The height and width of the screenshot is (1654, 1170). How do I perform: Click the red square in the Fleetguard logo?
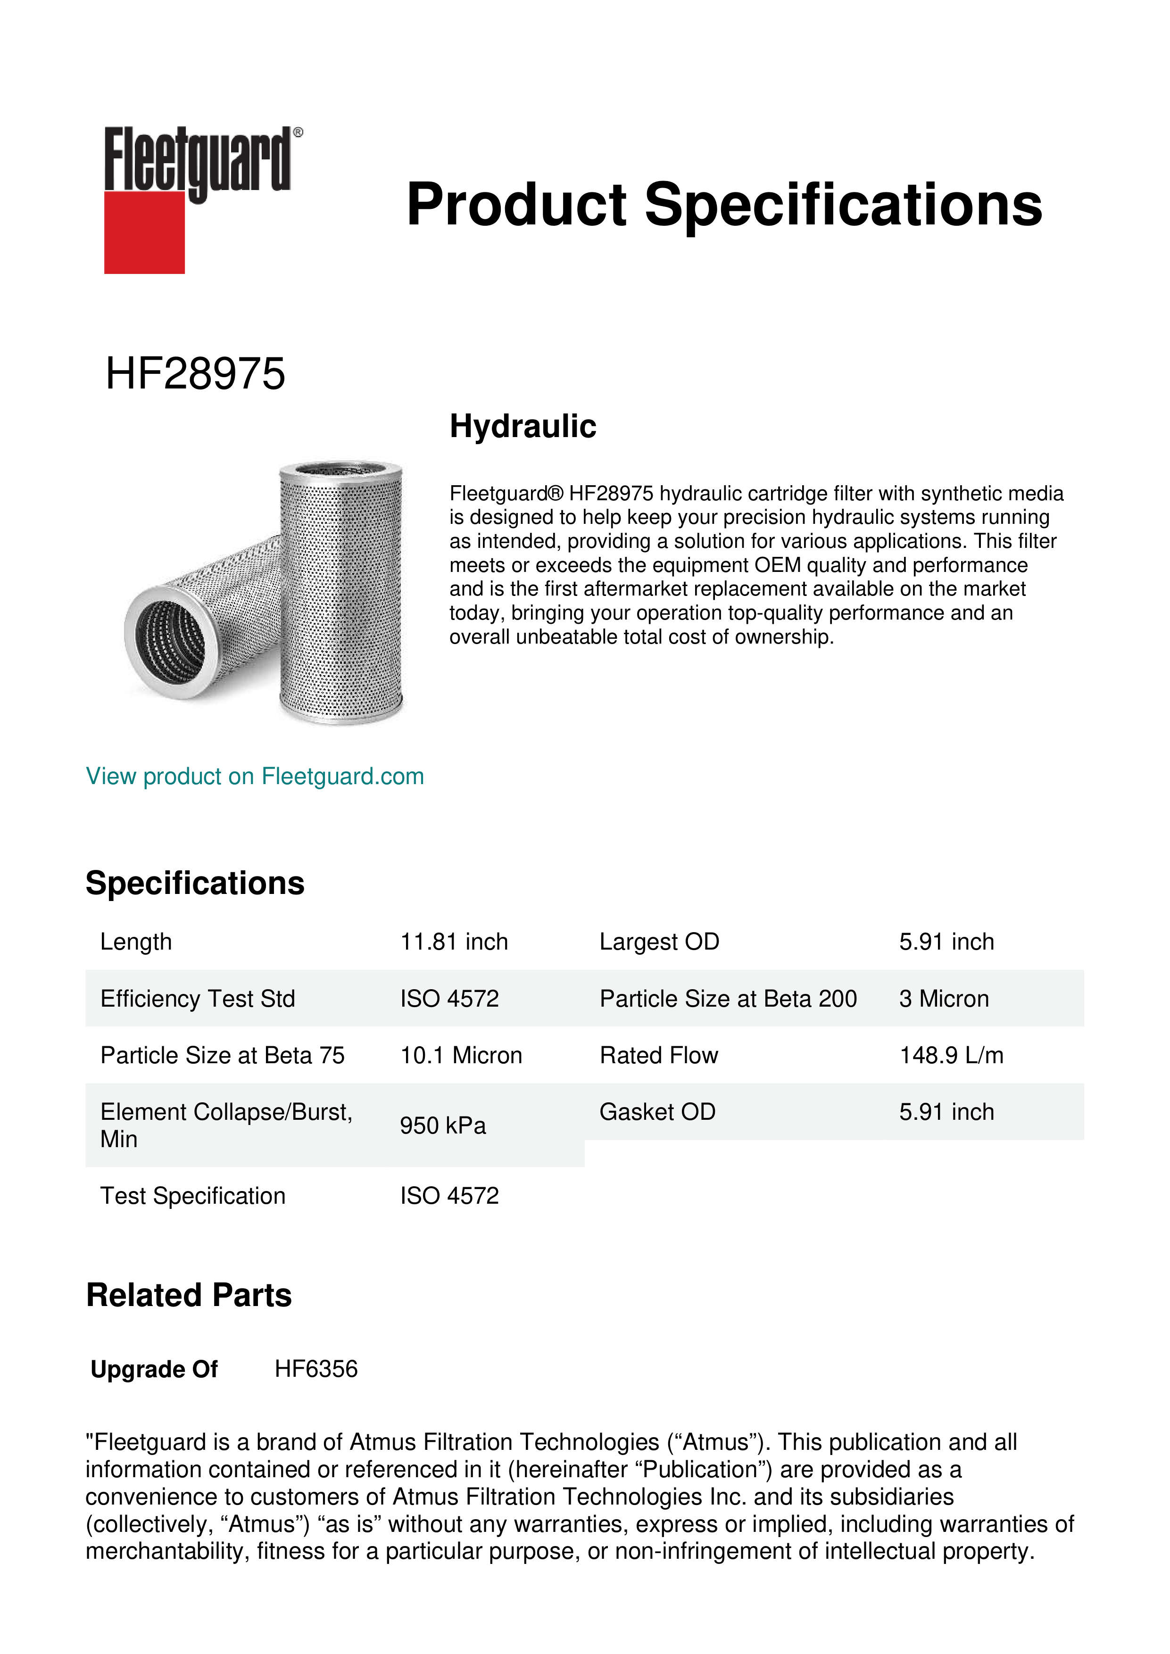[x=144, y=232]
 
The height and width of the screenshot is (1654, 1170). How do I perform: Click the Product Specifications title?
[x=724, y=205]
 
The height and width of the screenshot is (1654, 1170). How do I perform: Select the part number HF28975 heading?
[x=195, y=374]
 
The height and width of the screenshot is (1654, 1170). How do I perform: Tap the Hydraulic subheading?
[x=523, y=426]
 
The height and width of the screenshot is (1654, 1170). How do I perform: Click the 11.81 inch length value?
[x=454, y=942]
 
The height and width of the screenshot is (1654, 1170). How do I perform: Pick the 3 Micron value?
[x=943, y=999]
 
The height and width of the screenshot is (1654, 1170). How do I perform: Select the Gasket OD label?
[x=657, y=1112]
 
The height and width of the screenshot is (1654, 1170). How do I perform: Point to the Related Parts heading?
[x=189, y=1295]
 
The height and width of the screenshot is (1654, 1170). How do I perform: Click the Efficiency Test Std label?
[x=198, y=999]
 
